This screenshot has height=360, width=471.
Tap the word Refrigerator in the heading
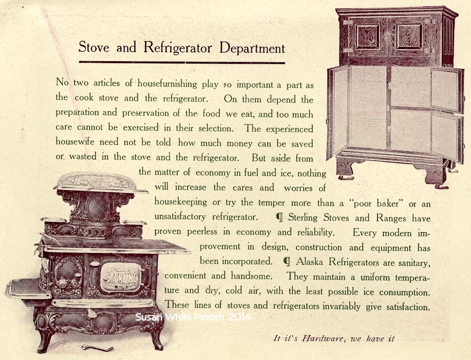tap(178, 47)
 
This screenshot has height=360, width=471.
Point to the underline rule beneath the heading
tap(182, 62)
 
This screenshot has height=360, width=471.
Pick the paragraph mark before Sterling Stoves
tap(279, 218)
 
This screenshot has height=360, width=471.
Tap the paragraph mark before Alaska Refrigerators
tap(286, 262)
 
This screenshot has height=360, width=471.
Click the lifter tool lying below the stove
tap(96, 348)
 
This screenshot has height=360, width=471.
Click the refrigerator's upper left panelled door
tap(367, 36)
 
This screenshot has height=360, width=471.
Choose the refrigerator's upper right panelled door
tap(409, 36)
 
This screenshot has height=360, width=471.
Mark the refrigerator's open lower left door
tap(338, 111)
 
